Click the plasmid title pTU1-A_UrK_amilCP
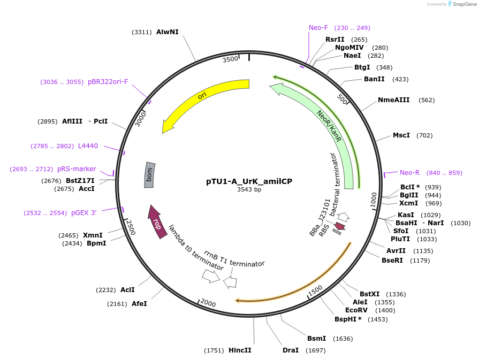(x=249, y=181)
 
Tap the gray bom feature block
(x=149, y=175)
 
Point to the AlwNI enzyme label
(x=167, y=32)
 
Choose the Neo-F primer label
(x=318, y=28)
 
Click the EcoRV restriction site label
(x=356, y=310)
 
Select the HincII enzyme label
(x=240, y=350)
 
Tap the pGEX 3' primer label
(x=84, y=213)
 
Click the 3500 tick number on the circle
(x=231, y=59)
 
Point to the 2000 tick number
(x=208, y=304)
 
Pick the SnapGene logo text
(x=465, y=4)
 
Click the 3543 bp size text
(x=249, y=189)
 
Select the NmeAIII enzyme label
(x=394, y=100)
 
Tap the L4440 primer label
(x=88, y=146)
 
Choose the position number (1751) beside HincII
(x=214, y=350)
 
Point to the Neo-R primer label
(x=409, y=173)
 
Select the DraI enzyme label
(x=291, y=350)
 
